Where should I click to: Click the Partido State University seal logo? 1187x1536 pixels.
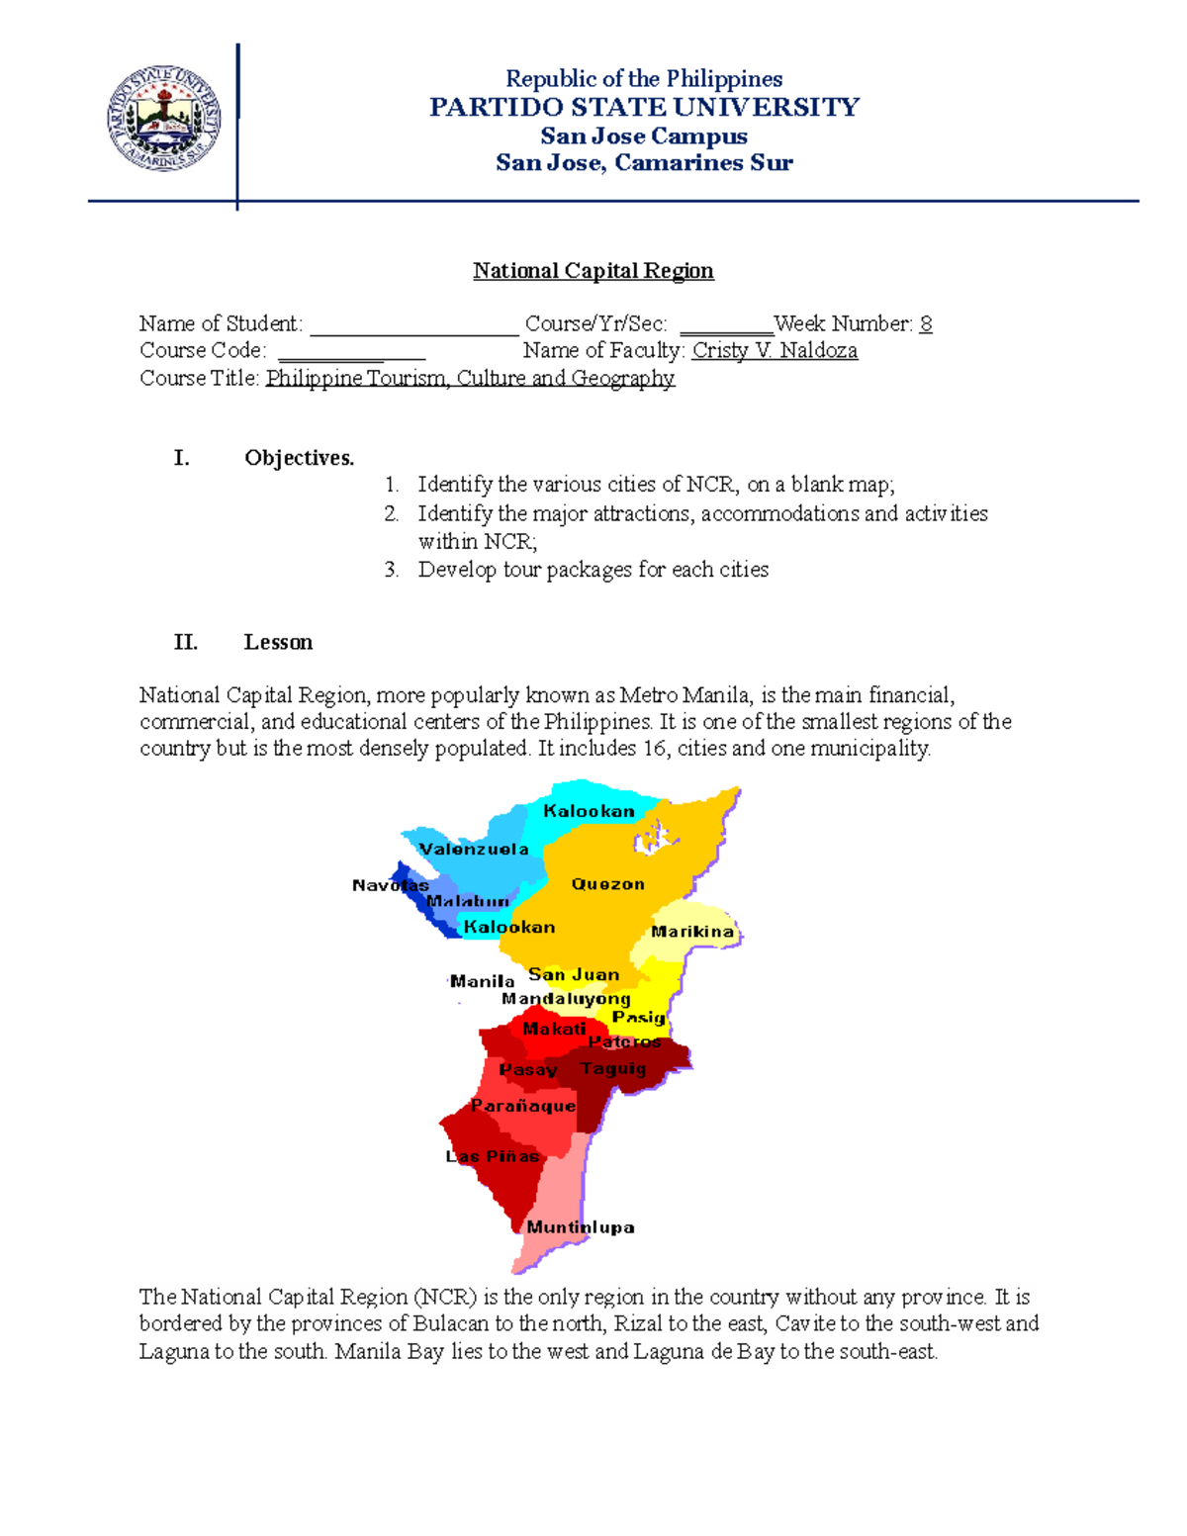(163, 120)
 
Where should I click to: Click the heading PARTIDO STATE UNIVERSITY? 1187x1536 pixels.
(644, 107)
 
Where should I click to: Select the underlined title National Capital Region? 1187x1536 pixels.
(593, 271)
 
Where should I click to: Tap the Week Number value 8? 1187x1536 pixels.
(925, 323)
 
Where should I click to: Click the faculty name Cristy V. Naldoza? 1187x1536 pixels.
(775, 350)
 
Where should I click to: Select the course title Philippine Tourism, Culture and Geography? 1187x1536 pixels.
(470, 378)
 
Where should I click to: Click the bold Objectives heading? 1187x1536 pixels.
(299, 458)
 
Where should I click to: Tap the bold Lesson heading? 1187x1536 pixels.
(278, 642)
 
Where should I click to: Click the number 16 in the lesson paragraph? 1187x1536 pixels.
(654, 749)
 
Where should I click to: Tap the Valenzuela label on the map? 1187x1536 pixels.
(474, 850)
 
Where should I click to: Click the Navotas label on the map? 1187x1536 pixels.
(390, 885)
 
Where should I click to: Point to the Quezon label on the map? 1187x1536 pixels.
(607, 884)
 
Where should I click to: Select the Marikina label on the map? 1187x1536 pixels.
(692, 932)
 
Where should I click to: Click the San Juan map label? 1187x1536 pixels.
(574, 974)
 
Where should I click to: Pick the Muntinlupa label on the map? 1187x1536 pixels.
(581, 1227)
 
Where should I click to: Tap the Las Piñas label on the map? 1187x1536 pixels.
(493, 1156)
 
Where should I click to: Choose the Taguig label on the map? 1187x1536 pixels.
(613, 1068)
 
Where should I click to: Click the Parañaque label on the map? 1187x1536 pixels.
(523, 1106)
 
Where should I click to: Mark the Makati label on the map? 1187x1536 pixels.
(554, 1029)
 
